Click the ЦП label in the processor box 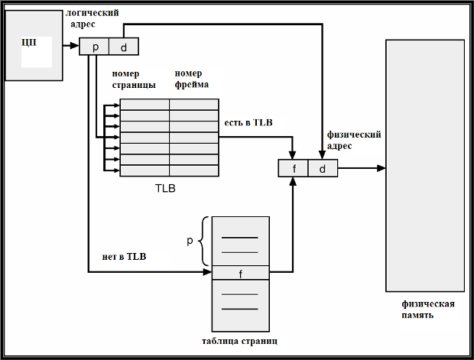[x=29, y=42]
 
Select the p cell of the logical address [x=94, y=47]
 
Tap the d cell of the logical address [x=124, y=47]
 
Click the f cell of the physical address [x=293, y=168]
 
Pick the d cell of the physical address [x=323, y=168]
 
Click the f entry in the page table [x=240, y=273]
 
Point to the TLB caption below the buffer [x=165, y=188]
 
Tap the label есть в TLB [x=248, y=122]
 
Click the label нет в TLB [x=124, y=256]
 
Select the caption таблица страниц [x=239, y=341]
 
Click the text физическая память [x=428, y=310]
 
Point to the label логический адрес [x=93, y=18]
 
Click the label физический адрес [x=354, y=140]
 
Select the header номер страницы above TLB [x=134, y=79]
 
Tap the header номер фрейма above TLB [x=192, y=79]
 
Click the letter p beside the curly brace [x=190, y=240]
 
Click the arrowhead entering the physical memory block [x=381, y=168]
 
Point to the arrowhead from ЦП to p [x=75, y=46]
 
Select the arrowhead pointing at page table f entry [x=207, y=272]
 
